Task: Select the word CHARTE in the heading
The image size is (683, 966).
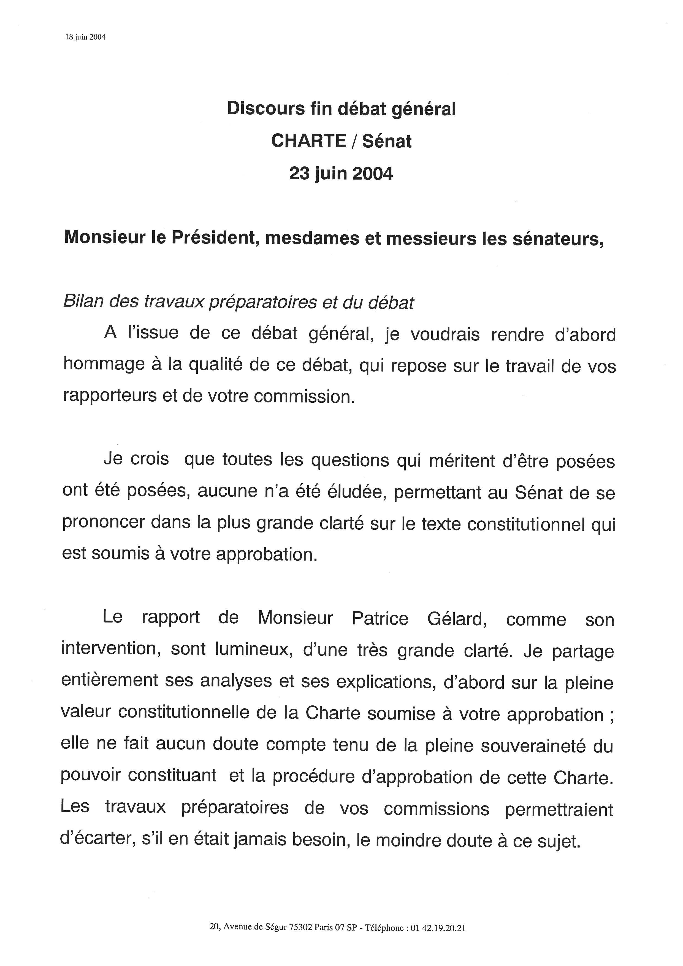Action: tap(308, 141)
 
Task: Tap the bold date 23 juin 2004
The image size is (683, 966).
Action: tap(341, 173)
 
